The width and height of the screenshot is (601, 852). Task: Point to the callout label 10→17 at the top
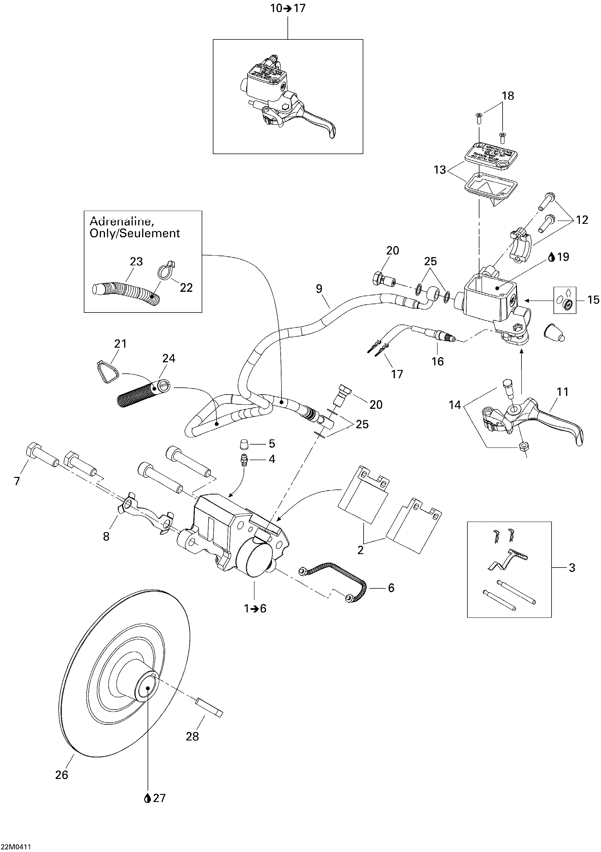(288, 8)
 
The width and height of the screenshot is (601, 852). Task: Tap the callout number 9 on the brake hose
(319, 289)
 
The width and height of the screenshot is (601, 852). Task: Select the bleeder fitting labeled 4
(243, 459)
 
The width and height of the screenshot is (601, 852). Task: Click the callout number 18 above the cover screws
(507, 96)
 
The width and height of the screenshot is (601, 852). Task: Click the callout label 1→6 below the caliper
(255, 609)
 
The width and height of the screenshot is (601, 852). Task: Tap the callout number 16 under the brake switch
(438, 361)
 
